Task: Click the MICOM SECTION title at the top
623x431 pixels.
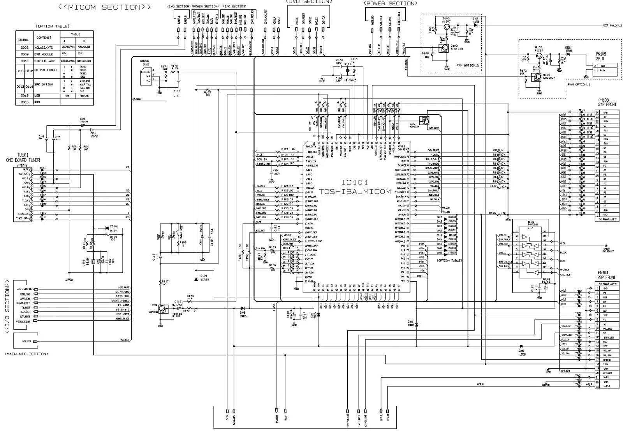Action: point(104,7)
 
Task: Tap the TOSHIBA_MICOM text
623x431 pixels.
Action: point(355,192)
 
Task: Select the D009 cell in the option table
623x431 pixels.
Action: point(25,54)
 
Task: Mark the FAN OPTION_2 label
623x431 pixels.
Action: point(467,66)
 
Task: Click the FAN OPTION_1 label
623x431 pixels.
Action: point(578,84)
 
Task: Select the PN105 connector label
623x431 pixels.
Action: point(601,54)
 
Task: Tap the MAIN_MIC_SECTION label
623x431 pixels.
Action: point(26,354)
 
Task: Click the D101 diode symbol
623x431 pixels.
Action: point(195,280)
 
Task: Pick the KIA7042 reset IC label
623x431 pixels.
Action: point(145,61)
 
